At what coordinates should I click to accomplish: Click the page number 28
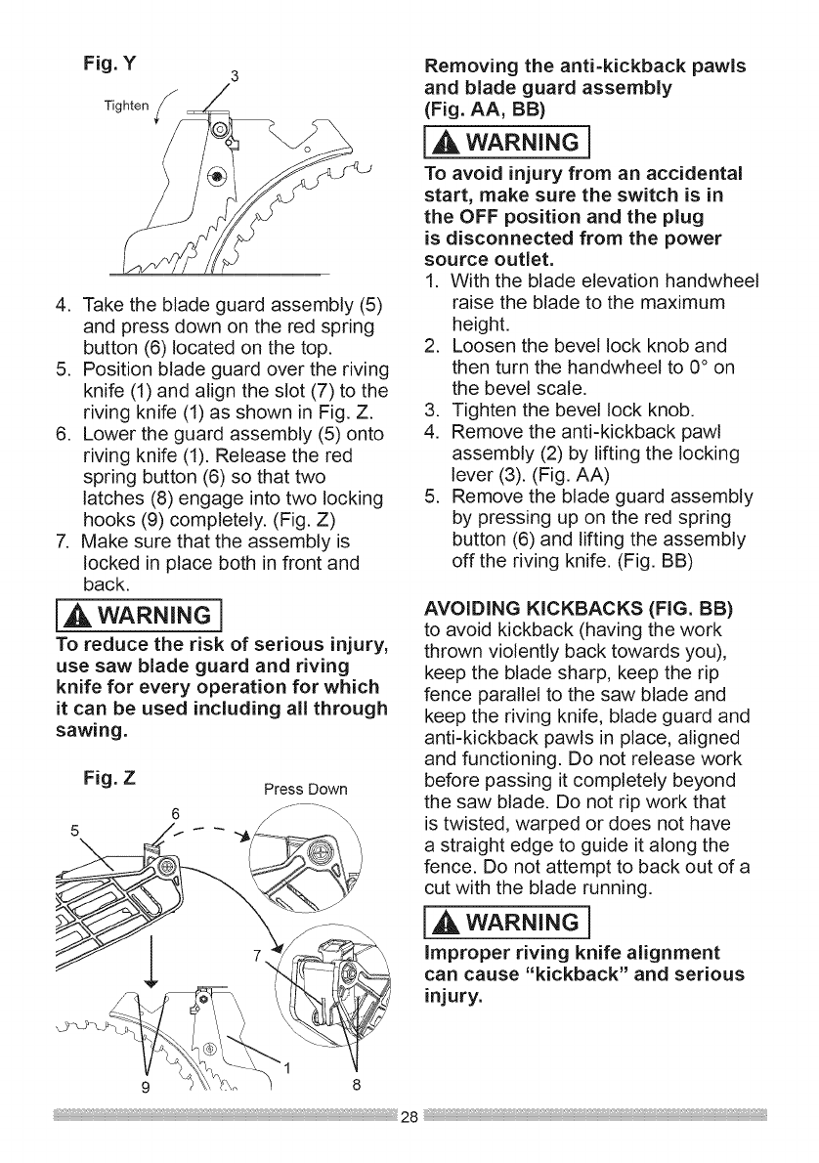[409, 1118]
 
